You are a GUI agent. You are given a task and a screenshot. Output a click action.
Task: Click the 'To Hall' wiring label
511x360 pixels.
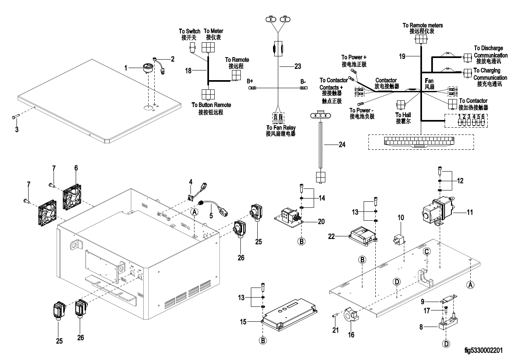(403, 115)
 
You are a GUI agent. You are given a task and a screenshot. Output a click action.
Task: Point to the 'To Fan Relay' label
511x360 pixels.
(281, 128)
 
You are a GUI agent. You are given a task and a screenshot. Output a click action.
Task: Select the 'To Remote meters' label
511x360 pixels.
(423, 25)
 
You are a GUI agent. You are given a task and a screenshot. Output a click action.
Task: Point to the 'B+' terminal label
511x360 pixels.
(250, 81)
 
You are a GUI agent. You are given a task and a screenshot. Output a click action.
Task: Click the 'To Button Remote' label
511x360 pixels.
(211, 105)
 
